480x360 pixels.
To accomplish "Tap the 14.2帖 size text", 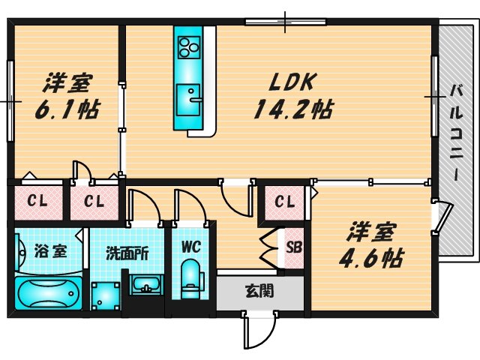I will point(292,109).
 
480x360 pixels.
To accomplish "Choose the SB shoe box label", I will point(294,244).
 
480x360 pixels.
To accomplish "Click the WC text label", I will point(190,244).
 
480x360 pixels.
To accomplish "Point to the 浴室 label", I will point(49,250).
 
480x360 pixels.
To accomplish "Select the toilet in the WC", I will point(190,277).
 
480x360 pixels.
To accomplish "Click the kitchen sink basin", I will point(188,97).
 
